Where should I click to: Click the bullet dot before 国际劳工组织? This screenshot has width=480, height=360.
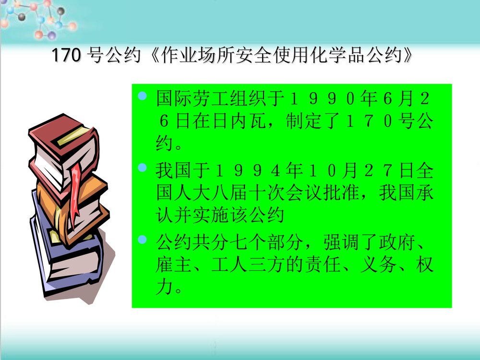pyautogui.click(x=142, y=97)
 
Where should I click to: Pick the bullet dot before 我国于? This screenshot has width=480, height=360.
pyautogui.click(x=142, y=168)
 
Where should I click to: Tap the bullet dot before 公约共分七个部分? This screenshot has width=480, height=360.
pyautogui.click(x=142, y=239)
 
